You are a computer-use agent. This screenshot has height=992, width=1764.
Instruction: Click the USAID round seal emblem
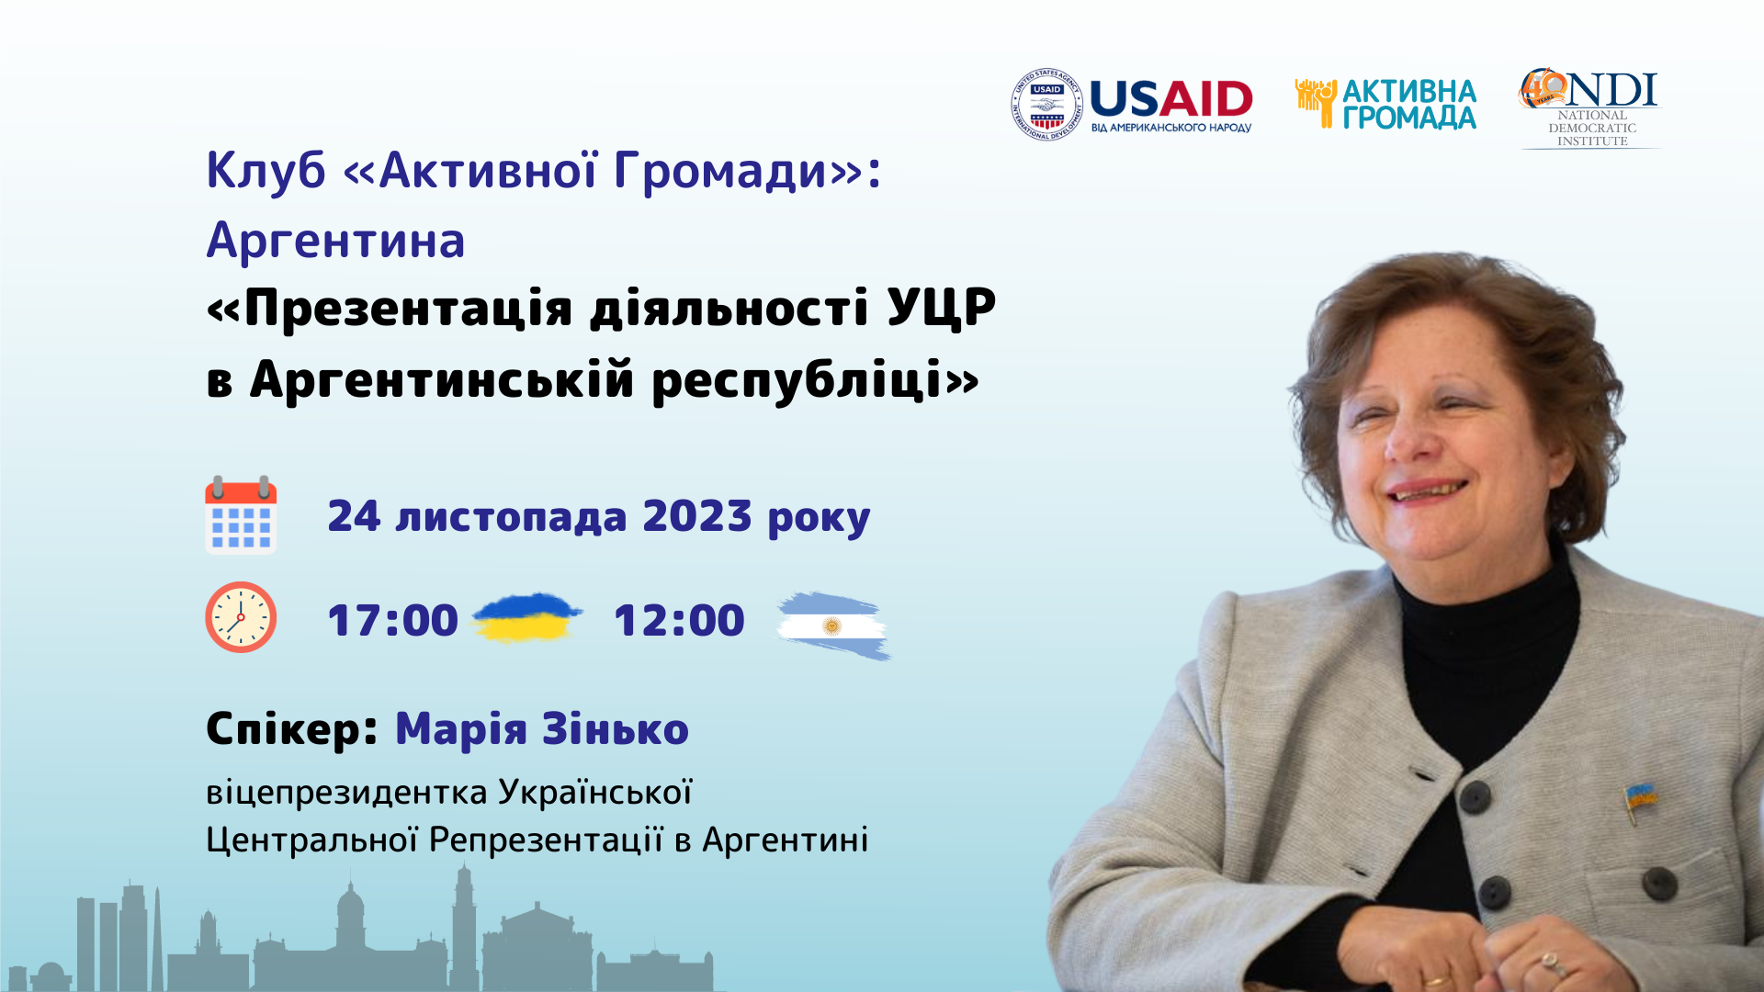[1046, 105]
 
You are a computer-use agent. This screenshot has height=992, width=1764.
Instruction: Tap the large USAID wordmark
[1171, 98]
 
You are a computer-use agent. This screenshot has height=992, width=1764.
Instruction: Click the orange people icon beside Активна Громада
[1316, 102]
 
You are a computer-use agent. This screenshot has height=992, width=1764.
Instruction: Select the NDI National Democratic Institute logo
[1590, 107]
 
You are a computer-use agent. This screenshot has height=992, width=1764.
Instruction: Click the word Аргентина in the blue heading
[335, 241]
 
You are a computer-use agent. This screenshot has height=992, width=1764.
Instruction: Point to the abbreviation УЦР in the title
[942, 308]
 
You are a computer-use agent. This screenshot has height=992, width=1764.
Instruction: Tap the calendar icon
[241, 514]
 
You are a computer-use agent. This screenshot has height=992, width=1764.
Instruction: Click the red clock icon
[241, 617]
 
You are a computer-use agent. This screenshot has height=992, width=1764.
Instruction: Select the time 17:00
[393, 620]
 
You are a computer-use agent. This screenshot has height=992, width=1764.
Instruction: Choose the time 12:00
[679, 620]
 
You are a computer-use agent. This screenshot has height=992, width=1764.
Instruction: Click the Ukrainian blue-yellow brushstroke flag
[526, 616]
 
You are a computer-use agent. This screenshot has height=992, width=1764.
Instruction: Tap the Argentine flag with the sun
[833, 626]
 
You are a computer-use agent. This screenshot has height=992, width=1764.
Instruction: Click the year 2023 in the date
[697, 515]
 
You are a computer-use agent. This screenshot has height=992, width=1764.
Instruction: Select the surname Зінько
[616, 729]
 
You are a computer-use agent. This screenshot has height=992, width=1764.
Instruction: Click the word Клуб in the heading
[266, 171]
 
